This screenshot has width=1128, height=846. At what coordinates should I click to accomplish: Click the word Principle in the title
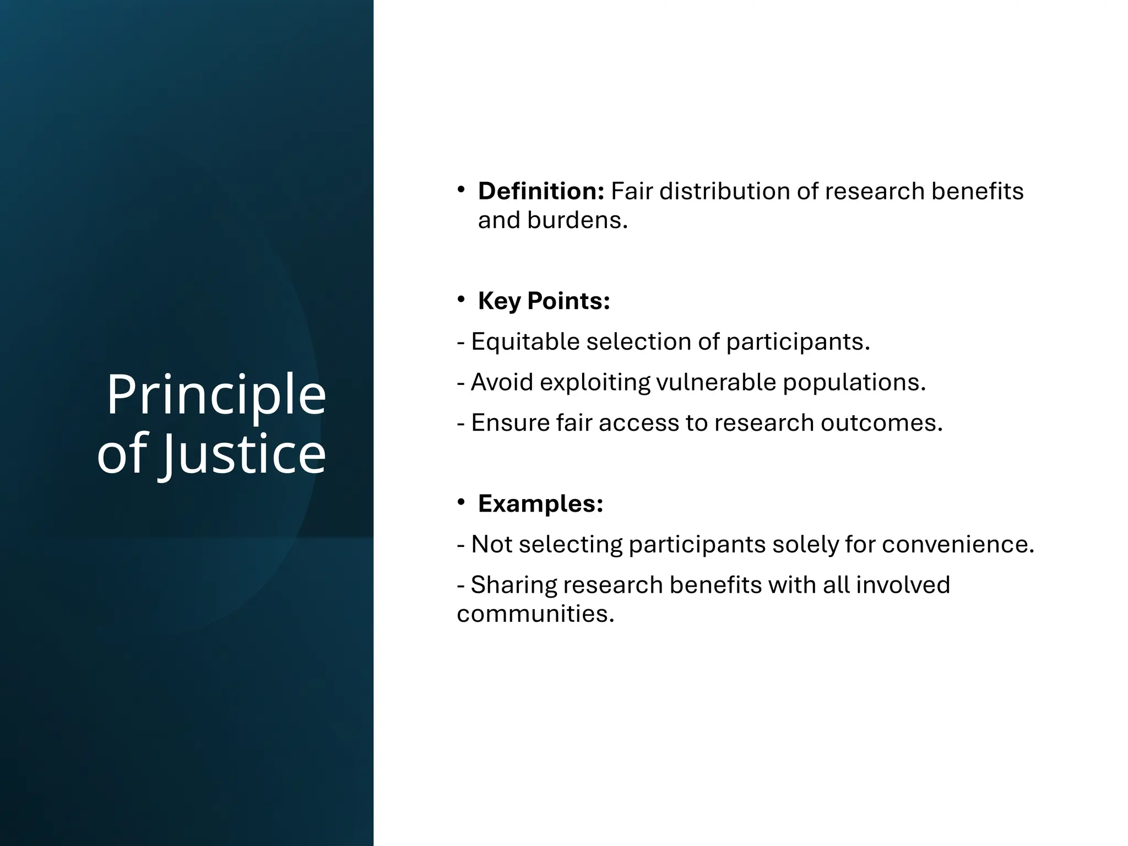(216, 395)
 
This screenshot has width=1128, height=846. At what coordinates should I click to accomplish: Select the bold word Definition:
(541, 191)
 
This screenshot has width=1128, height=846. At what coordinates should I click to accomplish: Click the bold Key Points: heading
(544, 301)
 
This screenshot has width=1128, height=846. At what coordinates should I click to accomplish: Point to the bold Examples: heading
(540, 503)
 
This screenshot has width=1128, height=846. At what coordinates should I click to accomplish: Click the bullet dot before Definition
(462, 190)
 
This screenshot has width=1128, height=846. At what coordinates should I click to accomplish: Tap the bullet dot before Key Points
(462, 300)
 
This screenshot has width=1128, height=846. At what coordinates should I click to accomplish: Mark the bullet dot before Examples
(462, 502)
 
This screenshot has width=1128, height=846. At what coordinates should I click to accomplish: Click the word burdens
(577, 220)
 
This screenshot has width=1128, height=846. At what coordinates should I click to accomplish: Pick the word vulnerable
(716, 382)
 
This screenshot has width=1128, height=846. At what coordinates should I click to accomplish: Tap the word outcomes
(881, 423)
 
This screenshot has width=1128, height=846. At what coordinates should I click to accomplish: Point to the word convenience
(958, 544)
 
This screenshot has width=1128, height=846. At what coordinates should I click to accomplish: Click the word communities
(535, 614)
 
